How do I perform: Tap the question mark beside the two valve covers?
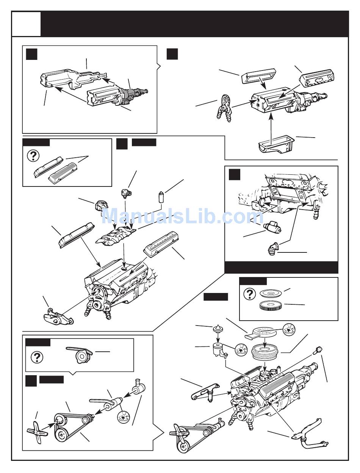(34, 156)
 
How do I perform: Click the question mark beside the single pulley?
(37, 357)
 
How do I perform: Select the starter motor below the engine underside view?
(271, 227)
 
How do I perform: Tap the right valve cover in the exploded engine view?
(161, 246)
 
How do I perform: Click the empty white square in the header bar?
(26, 23)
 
